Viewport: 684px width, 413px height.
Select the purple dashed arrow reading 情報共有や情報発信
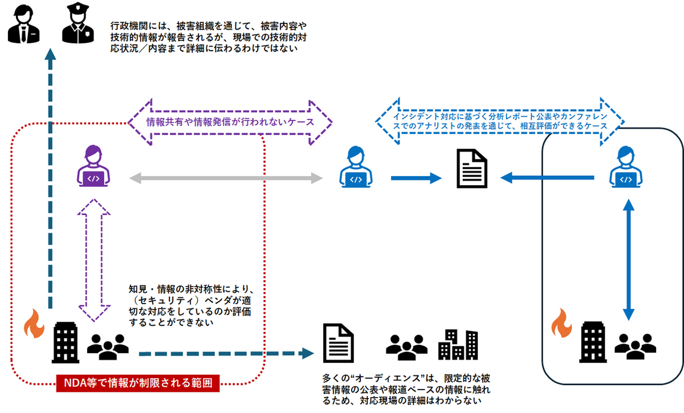pyautogui.click(x=230, y=122)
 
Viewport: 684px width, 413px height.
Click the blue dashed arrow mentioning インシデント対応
pyautogui.click(x=499, y=120)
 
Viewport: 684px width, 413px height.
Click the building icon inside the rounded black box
pyautogui.click(x=592, y=341)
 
